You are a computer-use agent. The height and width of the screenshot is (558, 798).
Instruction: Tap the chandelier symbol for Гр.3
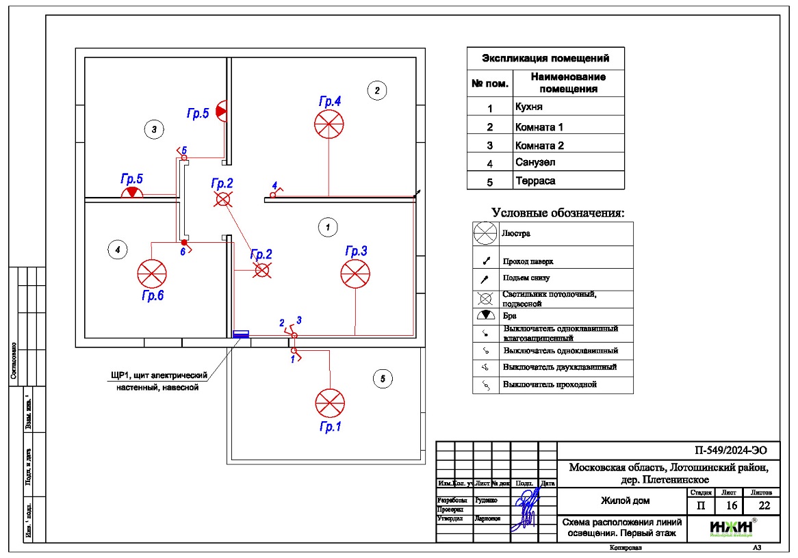[355, 274]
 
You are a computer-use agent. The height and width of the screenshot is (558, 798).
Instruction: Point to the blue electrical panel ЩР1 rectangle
[241, 334]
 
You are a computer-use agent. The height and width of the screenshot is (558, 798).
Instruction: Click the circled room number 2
[376, 90]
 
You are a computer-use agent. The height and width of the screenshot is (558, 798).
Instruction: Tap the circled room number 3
[155, 128]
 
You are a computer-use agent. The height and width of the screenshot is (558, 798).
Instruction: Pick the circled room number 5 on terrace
[383, 377]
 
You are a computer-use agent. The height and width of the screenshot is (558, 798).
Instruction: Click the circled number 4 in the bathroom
[118, 250]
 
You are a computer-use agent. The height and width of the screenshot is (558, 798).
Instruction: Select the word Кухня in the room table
[529, 107]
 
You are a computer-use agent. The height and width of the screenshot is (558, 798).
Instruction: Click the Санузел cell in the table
[535, 163]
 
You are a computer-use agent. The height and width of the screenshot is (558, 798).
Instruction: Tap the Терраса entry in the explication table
[535, 181]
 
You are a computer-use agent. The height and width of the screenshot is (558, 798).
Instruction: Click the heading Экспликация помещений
[545, 58]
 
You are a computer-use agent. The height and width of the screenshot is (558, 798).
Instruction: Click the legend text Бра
[510, 317]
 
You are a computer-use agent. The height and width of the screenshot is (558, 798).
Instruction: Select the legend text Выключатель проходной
[550, 384]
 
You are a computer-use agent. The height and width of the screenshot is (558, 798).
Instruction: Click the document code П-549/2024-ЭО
[726, 450]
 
